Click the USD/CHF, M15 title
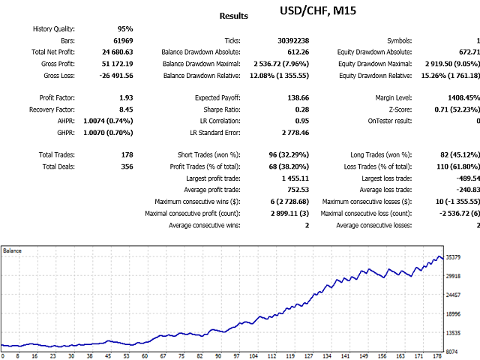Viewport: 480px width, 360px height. click(x=318, y=10)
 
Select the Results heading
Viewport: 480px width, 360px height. click(x=233, y=16)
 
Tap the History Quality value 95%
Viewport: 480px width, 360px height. click(x=125, y=29)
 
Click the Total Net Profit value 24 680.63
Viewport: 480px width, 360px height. click(x=118, y=52)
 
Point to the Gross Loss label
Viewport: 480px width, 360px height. click(x=59, y=76)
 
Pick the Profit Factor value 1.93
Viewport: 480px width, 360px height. click(x=126, y=98)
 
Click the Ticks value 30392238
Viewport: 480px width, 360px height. click(x=293, y=40)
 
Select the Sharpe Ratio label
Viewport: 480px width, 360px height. click(x=222, y=109)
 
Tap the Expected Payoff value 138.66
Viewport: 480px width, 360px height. click(x=298, y=98)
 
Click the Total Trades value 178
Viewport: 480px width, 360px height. click(x=127, y=155)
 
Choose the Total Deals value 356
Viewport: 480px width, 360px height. click(x=127, y=166)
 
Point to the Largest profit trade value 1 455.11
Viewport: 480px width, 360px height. click(x=295, y=178)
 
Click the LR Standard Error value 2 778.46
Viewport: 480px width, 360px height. click(x=295, y=133)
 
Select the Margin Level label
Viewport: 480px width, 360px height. click(x=394, y=98)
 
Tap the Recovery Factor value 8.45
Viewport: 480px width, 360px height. click(x=126, y=109)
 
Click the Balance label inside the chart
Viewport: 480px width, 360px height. click(x=12, y=250)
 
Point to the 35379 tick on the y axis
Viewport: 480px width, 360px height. click(x=453, y=257)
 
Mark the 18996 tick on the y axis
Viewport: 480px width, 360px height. click(x=453, y=314)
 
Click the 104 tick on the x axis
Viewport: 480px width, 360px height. click(x=253, y=356)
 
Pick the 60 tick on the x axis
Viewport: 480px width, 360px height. click(x=145, y=356)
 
